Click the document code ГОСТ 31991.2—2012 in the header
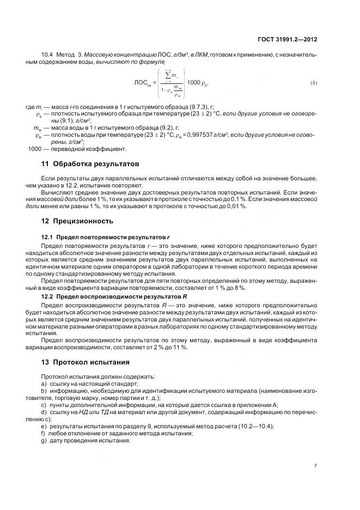288,39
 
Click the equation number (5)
313,83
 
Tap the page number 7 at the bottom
315,465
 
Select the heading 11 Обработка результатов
90,163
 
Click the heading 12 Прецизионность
77,221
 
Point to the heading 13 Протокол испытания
86,362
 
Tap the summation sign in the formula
162,75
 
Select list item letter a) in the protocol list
44,384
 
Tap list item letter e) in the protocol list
44,426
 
